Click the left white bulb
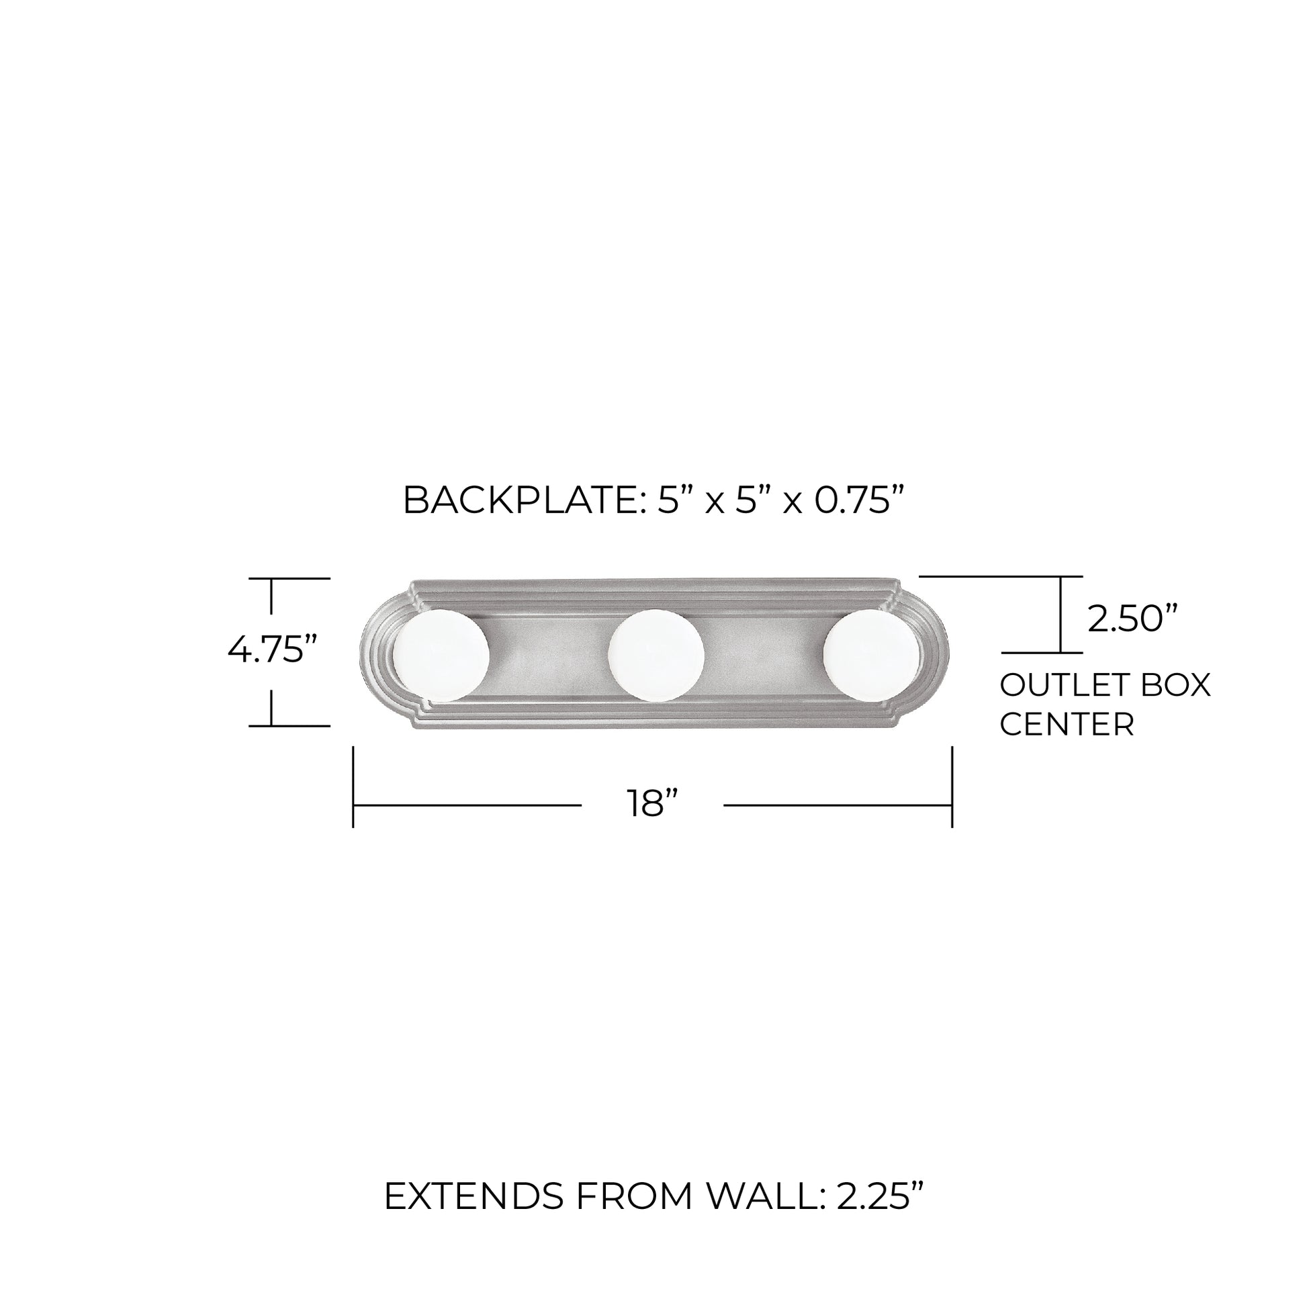coord(441,656)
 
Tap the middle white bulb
coord(656,656)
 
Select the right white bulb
coord(870,656)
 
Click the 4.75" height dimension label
coord(272,651)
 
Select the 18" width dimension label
coord(652,805)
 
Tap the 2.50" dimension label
coord(1132,619)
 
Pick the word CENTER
coord(1067,725)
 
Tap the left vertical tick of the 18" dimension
coord(353,786)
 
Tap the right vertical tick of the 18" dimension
coord(952,786)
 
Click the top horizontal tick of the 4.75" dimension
coord(289,578)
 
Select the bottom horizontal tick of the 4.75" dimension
coord(289,726)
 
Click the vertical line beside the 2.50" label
coord(1061,615)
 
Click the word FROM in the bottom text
coord(634,1198)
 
